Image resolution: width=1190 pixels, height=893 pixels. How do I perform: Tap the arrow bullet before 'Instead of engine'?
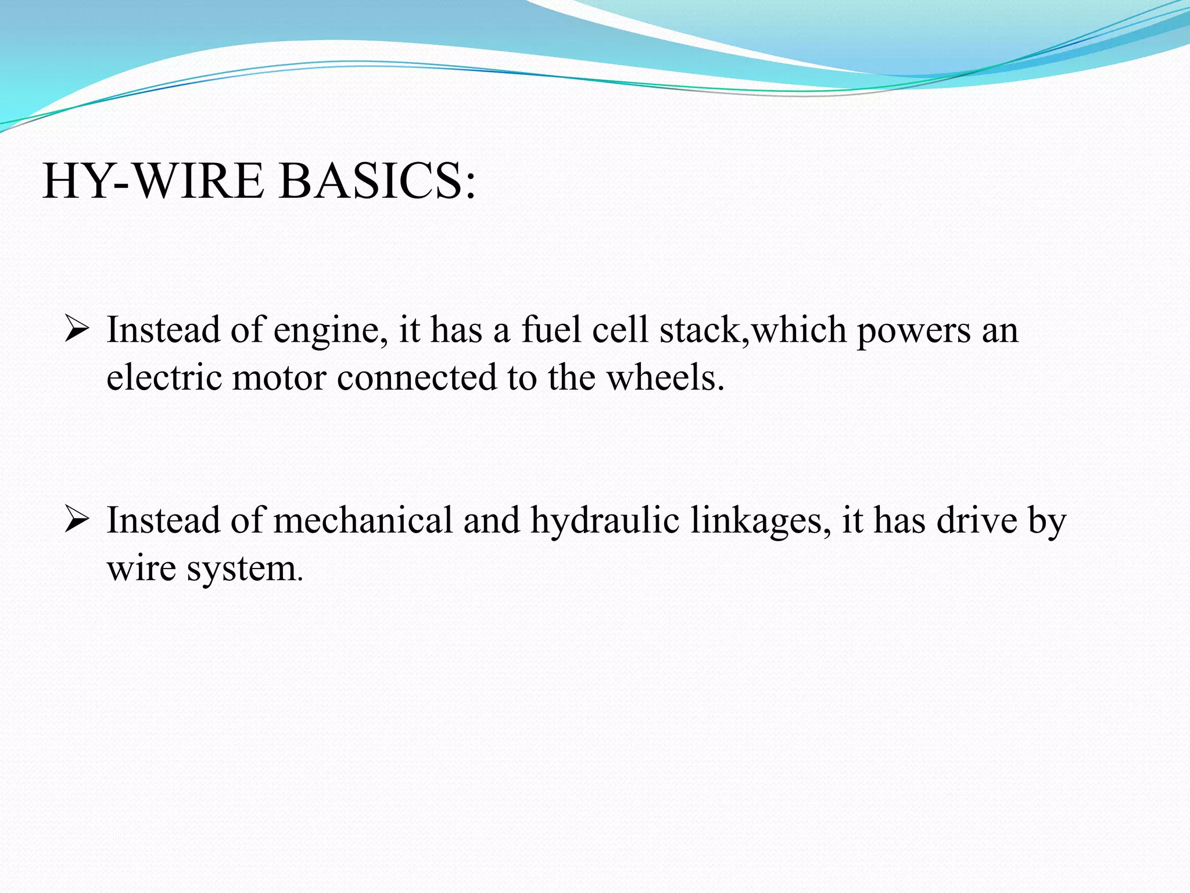pos(76,329)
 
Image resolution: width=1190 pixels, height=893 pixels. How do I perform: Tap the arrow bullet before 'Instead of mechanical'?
pos(76,519)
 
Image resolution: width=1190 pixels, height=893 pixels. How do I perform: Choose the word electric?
pos(164,377)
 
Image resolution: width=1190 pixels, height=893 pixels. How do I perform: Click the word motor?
pos(279,378)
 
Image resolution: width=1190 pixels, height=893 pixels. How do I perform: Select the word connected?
pos(417,377)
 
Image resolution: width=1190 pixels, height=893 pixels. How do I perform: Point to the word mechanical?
pos(363,520)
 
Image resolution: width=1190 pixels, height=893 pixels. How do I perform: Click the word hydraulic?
pos(605,521)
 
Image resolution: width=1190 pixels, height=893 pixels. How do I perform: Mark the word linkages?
pos(761,521)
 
